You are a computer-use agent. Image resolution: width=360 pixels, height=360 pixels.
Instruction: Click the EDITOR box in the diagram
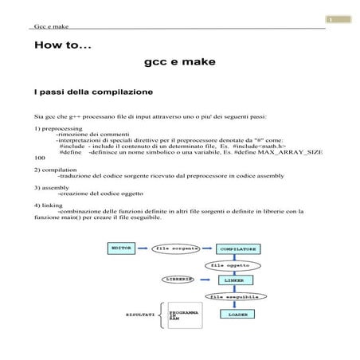click(x=121, y=248)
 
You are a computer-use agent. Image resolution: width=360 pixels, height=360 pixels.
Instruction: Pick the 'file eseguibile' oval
click(x=232, y=297)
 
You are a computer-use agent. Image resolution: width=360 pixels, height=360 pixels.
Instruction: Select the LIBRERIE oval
click(x=180, y=280)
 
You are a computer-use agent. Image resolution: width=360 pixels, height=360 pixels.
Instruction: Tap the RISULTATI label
click(x=140, y=315)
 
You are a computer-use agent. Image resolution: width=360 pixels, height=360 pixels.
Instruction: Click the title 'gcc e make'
click(x=180, y=61)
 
